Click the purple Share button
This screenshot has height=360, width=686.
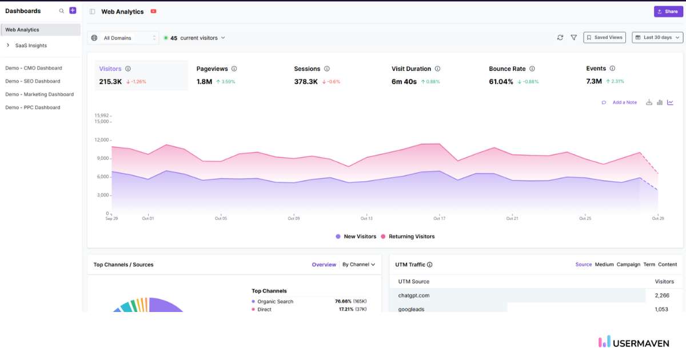(668, 11)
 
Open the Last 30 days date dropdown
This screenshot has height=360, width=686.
(657, 38)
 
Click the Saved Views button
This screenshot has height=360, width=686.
(604, 38)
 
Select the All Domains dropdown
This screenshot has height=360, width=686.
(123, 38)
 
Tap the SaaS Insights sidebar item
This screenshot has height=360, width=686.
(31, 46)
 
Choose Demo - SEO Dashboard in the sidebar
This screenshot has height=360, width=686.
(33, 81)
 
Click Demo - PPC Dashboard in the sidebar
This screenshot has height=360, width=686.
(33, 107)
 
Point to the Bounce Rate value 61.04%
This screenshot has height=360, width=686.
(501, 82)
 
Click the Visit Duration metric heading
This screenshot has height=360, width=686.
(411, 69)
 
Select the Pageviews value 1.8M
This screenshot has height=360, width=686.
(204, 82)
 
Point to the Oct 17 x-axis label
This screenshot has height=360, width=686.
(439, 218)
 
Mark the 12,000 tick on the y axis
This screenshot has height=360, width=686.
(101, 140)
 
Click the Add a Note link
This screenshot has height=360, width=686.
(624, 103)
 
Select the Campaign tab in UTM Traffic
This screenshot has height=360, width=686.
(628, 265)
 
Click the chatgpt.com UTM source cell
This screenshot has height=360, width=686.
(414, 295)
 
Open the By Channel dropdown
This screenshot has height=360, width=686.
(358, 265)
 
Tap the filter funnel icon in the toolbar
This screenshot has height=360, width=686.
(573, 38)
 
